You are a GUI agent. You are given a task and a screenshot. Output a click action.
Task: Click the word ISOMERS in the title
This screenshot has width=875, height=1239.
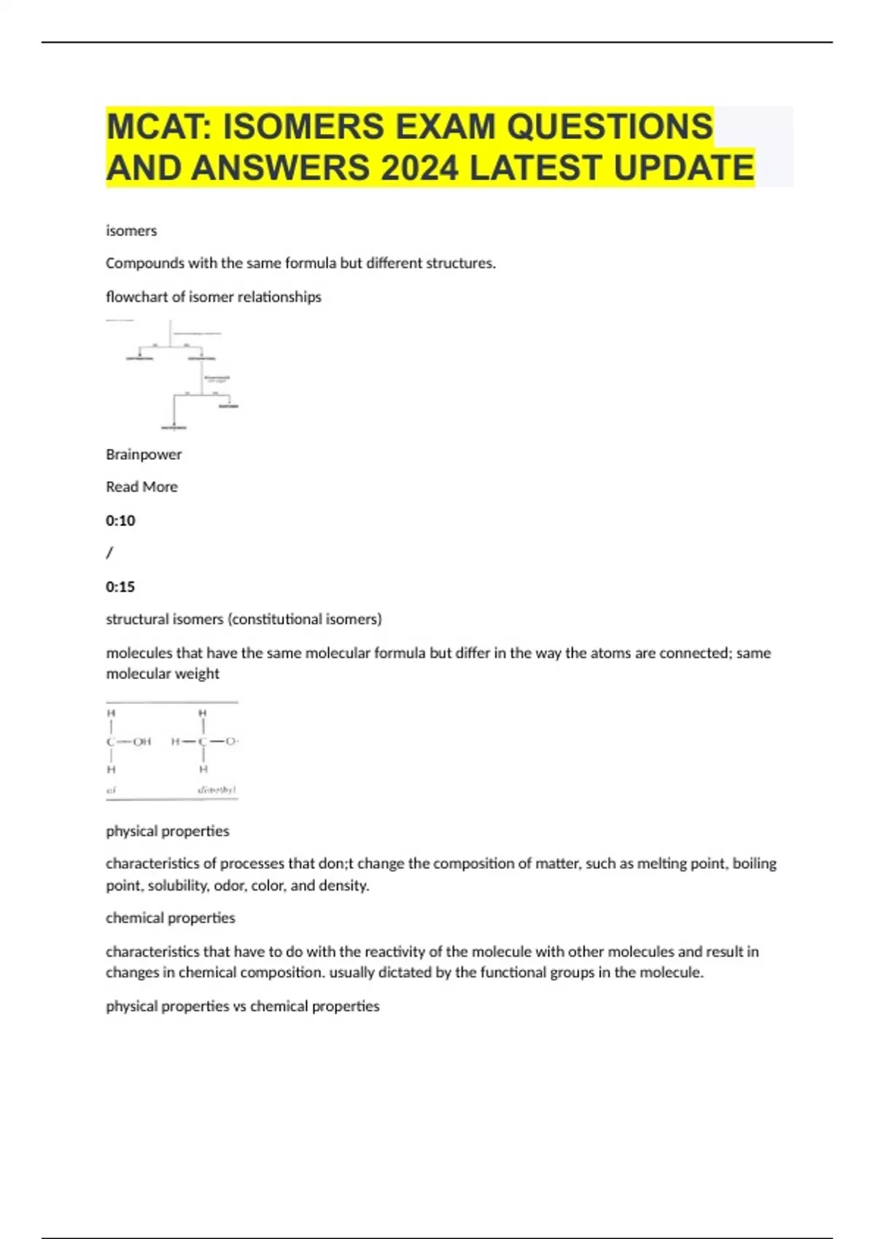pyautogui.click(x=303, y=126)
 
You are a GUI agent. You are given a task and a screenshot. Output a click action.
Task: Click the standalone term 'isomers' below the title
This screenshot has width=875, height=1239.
pyautogui.click(x=131, y=231)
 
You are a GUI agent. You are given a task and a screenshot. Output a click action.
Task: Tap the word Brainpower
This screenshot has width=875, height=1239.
pyautogui.click(x=144, y=455)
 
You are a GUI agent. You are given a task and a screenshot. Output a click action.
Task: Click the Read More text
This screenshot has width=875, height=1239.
pyautogui.click(x=141, y=487)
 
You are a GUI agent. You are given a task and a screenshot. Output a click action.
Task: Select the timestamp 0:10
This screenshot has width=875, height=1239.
pyautogui.click(x=120, y=520)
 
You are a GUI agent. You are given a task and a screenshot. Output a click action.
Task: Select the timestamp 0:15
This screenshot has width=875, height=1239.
pyautogui.click(x=120, y=587)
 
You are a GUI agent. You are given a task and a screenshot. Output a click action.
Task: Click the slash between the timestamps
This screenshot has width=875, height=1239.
pyautogui.click(x=109, y=553)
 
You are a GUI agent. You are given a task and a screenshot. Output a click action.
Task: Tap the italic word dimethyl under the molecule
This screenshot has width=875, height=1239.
pyautogui.click(x=217, y=789)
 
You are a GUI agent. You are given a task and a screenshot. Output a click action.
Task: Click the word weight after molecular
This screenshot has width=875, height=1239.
pyautogui.click(x=198, y=674)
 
